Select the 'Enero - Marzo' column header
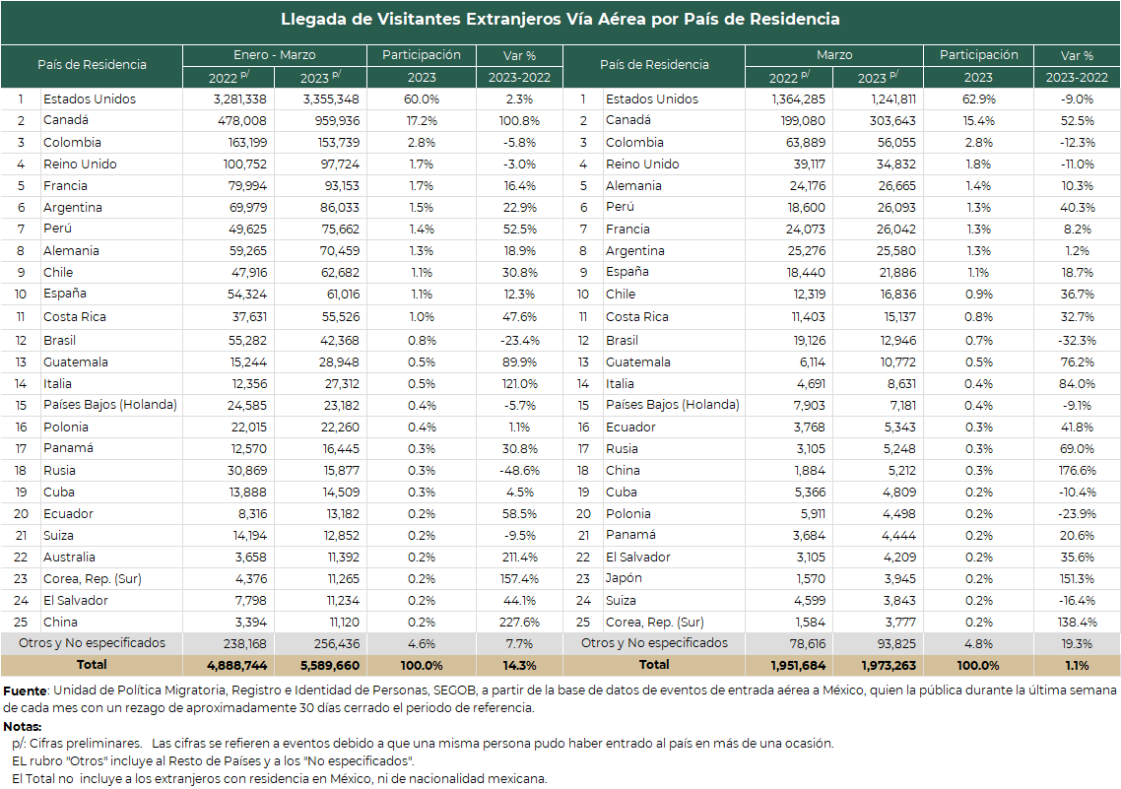click(x=275, y=55)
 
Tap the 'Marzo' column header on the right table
click(x=834, y=55)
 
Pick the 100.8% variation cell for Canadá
click(x=519, y=121)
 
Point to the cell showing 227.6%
click(x=520, y=623)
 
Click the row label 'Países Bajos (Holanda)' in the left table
click(x=110, y=405)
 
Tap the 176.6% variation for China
click(x=1077, y=471)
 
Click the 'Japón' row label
click(x=624, y=579)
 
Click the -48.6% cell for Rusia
click(x=520, y=471)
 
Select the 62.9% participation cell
click(x=978, y=99)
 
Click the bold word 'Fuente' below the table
click(x=25, y=691)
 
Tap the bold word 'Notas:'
click(x=22, y=727)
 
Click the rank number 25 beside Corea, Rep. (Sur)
click(x=583, y=623)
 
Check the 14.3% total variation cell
click(x=519, y=666)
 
